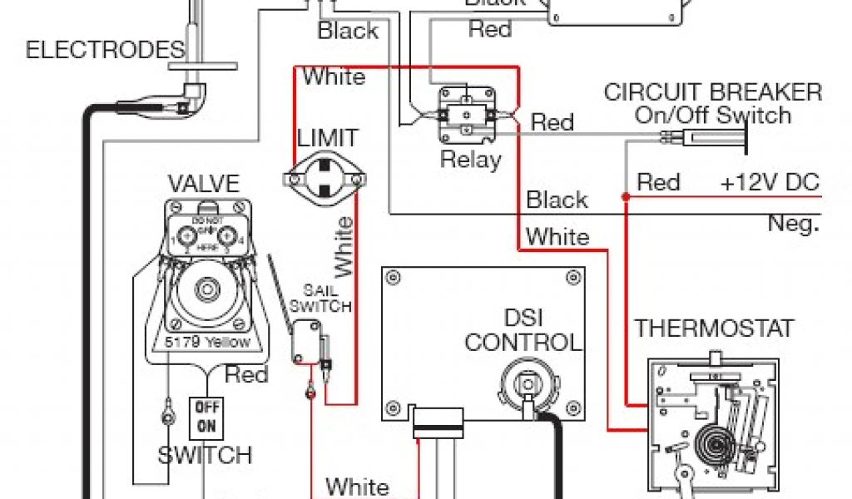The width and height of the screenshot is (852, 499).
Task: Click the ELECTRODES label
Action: (105, 50)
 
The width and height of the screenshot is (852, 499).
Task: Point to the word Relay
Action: (471, 159)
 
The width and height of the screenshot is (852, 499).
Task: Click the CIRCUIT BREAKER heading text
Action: (713, 92)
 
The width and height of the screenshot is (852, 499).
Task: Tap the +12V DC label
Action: (770, 182)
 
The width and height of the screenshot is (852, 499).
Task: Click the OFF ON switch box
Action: (204, 417)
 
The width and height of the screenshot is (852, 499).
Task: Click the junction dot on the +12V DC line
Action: (624, 196)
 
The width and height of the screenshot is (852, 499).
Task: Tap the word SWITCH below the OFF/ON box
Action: (205, 456)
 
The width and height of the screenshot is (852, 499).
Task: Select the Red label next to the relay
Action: (552, 122)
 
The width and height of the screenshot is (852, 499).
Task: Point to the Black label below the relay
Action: (557, 200)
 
